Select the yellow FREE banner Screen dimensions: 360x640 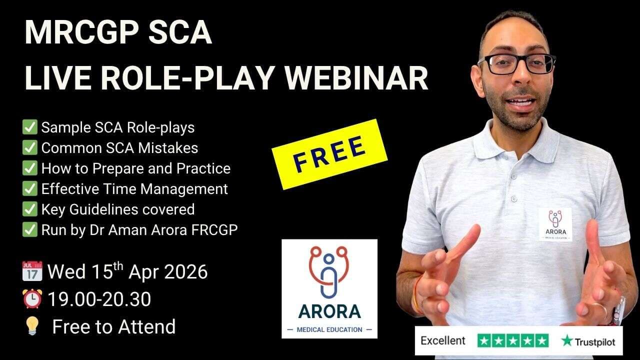329,153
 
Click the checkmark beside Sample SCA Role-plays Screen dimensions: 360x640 30,127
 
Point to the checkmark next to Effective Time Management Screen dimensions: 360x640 30,189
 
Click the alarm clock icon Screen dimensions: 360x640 32,299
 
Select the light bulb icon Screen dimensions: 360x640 31,327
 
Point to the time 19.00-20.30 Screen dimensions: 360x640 99,299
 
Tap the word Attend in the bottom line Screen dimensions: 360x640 146,327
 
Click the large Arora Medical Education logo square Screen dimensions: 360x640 329,288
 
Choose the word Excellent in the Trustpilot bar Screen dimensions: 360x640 443,341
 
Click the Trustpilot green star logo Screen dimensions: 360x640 566,341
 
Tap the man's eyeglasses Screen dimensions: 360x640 516,64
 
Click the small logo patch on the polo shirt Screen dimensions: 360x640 555,224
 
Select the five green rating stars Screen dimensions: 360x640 513,341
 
